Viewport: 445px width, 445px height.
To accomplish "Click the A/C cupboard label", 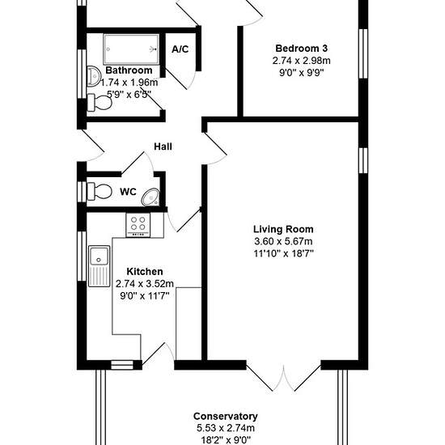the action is (180, 49).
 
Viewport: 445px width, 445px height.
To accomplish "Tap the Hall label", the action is (163, 146).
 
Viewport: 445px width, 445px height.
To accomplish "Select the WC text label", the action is (128, 192).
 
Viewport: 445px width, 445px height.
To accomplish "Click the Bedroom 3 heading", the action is (302, 49).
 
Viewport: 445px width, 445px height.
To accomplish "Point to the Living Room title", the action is (283, 229).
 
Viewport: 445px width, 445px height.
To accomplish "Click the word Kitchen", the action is (145, 271).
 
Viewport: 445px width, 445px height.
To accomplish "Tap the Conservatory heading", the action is (226, 416).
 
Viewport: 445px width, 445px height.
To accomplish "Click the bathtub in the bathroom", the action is (131, 49).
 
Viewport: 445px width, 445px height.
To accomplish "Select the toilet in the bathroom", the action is (100, 103).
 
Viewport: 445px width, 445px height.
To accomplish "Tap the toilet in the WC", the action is (100, 191).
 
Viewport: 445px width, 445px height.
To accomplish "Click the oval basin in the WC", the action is (150, 197).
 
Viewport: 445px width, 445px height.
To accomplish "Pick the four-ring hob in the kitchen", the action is (138, 225).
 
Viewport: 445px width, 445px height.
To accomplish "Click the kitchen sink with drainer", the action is (99, 266).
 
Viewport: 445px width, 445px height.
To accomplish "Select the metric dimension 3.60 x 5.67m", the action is (283, 241).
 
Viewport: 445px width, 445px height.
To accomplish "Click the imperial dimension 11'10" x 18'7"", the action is (283, 253).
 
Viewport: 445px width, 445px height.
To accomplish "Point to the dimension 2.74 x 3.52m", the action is (145, 283).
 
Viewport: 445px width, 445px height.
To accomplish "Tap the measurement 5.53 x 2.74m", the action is (226, 428).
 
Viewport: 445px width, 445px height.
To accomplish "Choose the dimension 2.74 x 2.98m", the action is (302, 61).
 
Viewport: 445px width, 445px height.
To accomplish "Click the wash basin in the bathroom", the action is (94, 76).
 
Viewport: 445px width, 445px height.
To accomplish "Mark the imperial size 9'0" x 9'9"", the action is (302, 73).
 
